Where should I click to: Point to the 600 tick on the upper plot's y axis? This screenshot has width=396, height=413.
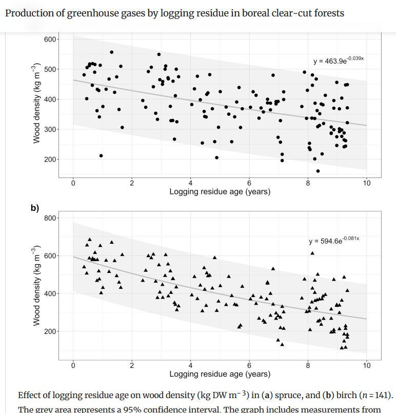pos(51,40)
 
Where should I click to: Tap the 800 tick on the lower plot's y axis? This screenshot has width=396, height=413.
pos(51,218)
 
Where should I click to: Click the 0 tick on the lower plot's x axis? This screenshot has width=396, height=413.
pos(73,365)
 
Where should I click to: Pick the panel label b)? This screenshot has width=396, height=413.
pos(35,208)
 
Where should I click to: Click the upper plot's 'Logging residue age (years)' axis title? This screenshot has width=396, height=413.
pos(220,191)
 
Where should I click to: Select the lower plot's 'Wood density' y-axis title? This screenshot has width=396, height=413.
pos(36,286)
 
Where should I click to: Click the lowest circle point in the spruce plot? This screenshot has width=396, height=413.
pos(318,171)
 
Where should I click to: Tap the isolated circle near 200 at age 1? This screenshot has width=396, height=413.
pos(101,155)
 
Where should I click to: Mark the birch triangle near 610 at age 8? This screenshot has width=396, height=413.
pos(312,253)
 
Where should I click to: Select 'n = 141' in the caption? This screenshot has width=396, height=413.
pos(378,396)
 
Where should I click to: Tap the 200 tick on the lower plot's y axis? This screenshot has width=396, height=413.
pos(51,331)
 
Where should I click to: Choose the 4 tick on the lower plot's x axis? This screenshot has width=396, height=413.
pos(190,365)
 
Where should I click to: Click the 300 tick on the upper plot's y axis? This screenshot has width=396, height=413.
pos(51,129)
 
